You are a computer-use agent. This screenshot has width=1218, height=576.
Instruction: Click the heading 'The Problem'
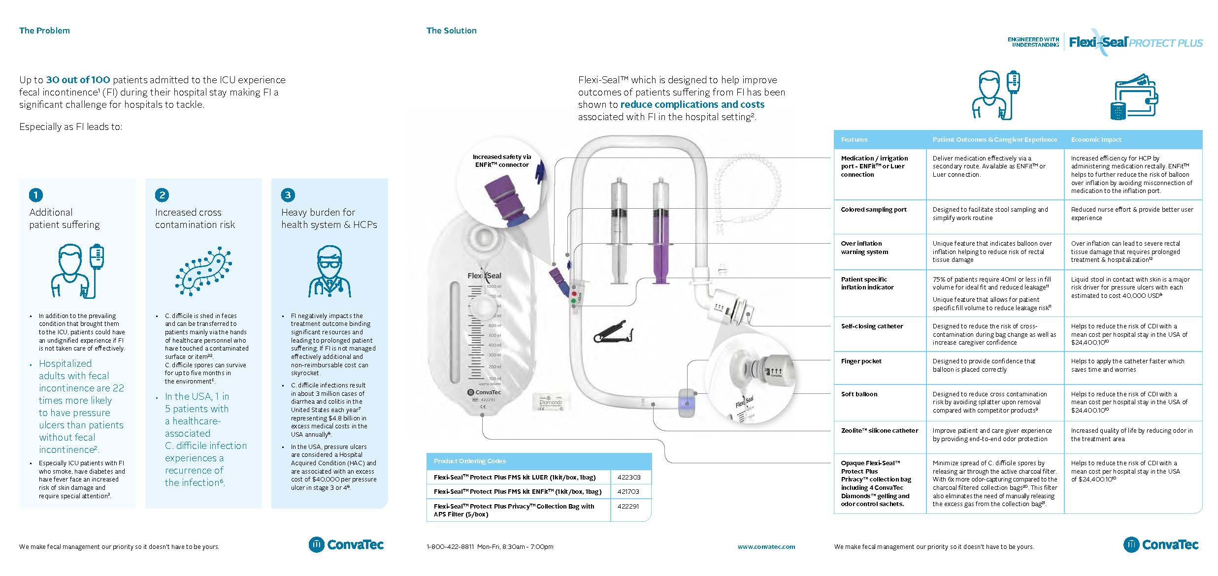[44, 31]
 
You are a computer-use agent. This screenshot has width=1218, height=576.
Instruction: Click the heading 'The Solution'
[451, 31]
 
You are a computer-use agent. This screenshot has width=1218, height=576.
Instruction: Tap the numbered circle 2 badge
[162, 195]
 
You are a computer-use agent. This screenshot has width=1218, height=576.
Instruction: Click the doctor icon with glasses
[329, 272]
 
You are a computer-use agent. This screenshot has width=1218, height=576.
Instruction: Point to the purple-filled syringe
[660, 231]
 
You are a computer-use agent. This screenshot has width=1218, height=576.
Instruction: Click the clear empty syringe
[619, 231]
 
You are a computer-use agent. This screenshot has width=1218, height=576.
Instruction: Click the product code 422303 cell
[630, 477]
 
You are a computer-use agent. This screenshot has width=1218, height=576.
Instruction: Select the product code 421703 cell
[630, 491]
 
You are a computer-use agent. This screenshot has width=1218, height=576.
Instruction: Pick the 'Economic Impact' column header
[1096, 140]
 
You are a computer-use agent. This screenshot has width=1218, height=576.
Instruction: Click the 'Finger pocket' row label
[861, 361]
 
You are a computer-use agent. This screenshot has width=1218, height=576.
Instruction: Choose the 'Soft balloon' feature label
[859, 394]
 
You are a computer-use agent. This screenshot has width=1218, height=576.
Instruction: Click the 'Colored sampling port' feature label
[873, 210]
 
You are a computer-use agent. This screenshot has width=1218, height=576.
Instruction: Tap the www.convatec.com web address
[766, 546]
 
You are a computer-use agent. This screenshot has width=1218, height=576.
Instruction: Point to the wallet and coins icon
[1136, 97]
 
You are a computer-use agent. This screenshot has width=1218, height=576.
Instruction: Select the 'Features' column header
[854, 140]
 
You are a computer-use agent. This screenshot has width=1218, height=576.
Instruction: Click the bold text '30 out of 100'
[78, 80]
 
